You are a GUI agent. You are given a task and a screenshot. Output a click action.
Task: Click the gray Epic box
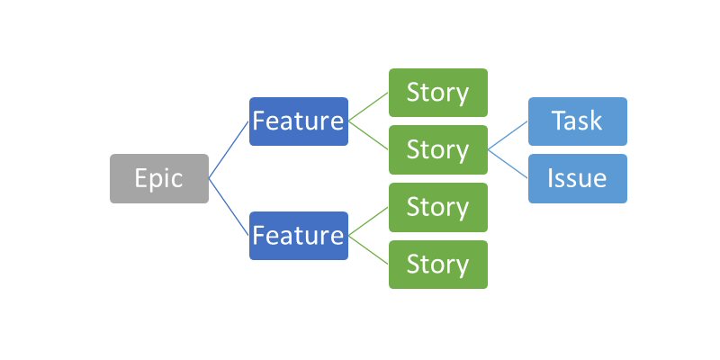click(159, 178)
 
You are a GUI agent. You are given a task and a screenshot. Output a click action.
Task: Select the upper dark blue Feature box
click(299, 121)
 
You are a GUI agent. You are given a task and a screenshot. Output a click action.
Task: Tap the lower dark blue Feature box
click(299, 236)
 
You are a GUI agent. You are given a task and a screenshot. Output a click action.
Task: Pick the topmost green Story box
click(438, 93)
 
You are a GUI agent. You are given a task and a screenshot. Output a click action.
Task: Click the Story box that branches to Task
click(438, 149)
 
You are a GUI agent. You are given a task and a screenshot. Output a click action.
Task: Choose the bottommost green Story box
click(438, 265)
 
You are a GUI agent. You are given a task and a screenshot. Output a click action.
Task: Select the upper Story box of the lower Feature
click(438, 207)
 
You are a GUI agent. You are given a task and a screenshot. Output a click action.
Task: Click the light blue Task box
click(578, 121)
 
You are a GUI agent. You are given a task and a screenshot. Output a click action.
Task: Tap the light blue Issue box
click(578, 178)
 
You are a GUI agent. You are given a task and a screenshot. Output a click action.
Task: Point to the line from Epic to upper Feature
click(229, 149)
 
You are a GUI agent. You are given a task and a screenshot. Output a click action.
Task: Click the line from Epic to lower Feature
click(229, 207)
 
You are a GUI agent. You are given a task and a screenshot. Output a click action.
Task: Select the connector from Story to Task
click(508, 135)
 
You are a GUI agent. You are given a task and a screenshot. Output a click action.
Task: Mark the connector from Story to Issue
click(508, 164)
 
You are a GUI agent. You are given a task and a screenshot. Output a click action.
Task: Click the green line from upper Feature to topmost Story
click(369, 107)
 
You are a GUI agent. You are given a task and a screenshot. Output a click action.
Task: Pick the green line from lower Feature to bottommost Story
click(369, 250)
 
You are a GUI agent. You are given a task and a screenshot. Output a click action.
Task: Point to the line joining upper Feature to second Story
click(369, 135)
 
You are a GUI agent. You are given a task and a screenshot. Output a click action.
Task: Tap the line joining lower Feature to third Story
click(369, 221)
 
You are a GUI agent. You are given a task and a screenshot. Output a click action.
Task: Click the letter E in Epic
click(141, 178)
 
